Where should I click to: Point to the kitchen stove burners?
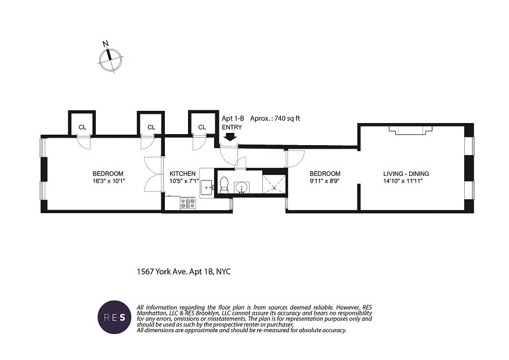(x=188, y=203)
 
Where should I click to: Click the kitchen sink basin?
(x=206, y=187)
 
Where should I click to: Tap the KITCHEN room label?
(x=183, y=174)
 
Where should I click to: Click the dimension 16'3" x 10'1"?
(x=108, y=181)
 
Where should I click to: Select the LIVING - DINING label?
(x=406, y=174)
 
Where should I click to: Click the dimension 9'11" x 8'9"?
(x=324, y=181)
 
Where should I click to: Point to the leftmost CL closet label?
(x=82, y=127)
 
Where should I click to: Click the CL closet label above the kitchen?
(x=202, y=127)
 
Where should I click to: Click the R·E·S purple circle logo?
(x=114, y=318)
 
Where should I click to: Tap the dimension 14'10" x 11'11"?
(x=406, y=181)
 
